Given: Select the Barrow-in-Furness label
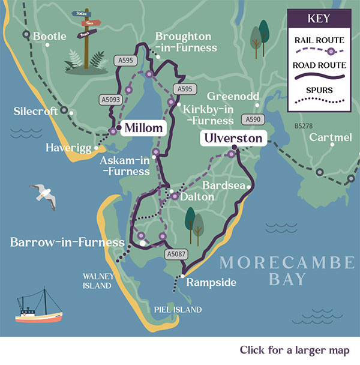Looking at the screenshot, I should pos(67,243).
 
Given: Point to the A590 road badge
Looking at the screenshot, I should pos(253,119).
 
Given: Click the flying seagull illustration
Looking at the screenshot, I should pos(44,196).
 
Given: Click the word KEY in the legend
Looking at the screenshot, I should pos(319,19).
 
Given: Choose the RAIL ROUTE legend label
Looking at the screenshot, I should pos(319,41).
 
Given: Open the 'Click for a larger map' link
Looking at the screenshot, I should pos(295,350).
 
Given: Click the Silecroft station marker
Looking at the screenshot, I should pos(71,111).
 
